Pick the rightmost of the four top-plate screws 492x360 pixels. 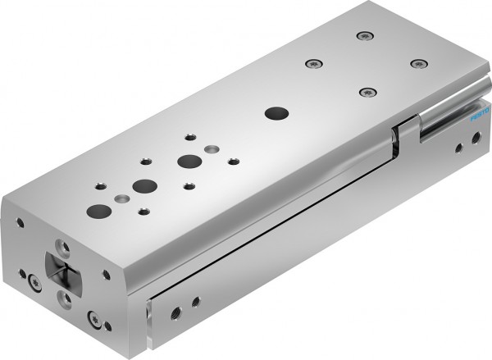(418, 63)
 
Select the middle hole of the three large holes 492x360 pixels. (146, 185)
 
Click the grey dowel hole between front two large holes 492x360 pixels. (123, 198)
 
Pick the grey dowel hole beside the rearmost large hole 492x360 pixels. (212, 148)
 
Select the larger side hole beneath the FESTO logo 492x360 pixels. (455, 149)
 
